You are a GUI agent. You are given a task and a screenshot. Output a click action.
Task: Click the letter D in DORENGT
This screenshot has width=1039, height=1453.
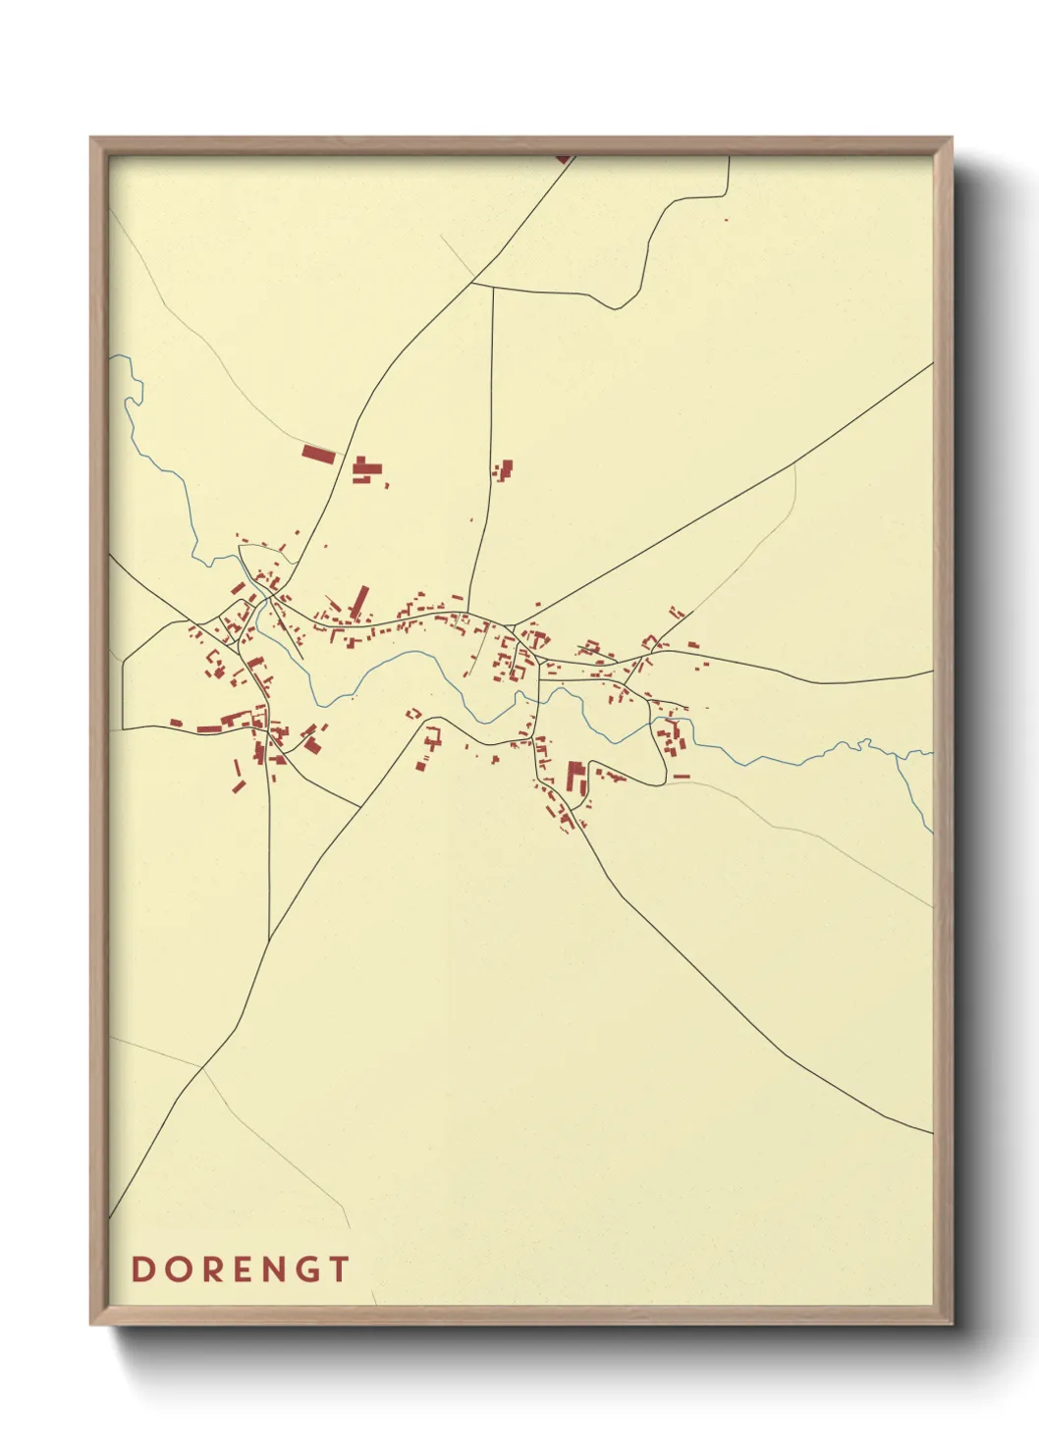[142, 1268]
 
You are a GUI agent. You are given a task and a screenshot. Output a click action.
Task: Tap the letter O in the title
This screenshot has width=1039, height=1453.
[176, 1268]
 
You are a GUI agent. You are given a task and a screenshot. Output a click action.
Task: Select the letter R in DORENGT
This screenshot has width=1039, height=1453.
[209, 1268]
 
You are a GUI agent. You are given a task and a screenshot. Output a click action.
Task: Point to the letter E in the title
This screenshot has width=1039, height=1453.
[240, 1268]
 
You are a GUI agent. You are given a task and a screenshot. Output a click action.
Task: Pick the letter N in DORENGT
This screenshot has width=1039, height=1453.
[272, 1268]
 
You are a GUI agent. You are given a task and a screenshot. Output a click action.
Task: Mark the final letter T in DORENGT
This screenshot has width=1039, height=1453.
[338, 1268]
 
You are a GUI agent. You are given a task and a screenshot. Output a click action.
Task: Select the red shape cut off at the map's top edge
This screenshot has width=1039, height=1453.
[563, 157]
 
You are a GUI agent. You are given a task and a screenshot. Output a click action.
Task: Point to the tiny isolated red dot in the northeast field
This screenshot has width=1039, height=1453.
[726, 219]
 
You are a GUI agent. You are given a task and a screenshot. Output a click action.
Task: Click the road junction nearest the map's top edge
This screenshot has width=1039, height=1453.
[473, 284]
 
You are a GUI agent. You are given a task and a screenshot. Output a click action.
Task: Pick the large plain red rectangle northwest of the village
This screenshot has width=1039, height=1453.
[318, 454]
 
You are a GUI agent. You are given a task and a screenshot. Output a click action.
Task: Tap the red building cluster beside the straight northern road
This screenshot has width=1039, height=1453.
[505, 469]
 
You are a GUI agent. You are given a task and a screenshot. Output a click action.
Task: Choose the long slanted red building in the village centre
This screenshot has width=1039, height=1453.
[359, 602]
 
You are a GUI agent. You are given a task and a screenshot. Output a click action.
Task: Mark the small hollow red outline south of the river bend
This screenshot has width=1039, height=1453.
[413, 713]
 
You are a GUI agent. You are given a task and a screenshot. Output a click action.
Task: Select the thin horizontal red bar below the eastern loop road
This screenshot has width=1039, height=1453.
[681, 777]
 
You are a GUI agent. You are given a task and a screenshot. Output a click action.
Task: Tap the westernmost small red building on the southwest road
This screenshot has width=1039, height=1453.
[176, 724]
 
